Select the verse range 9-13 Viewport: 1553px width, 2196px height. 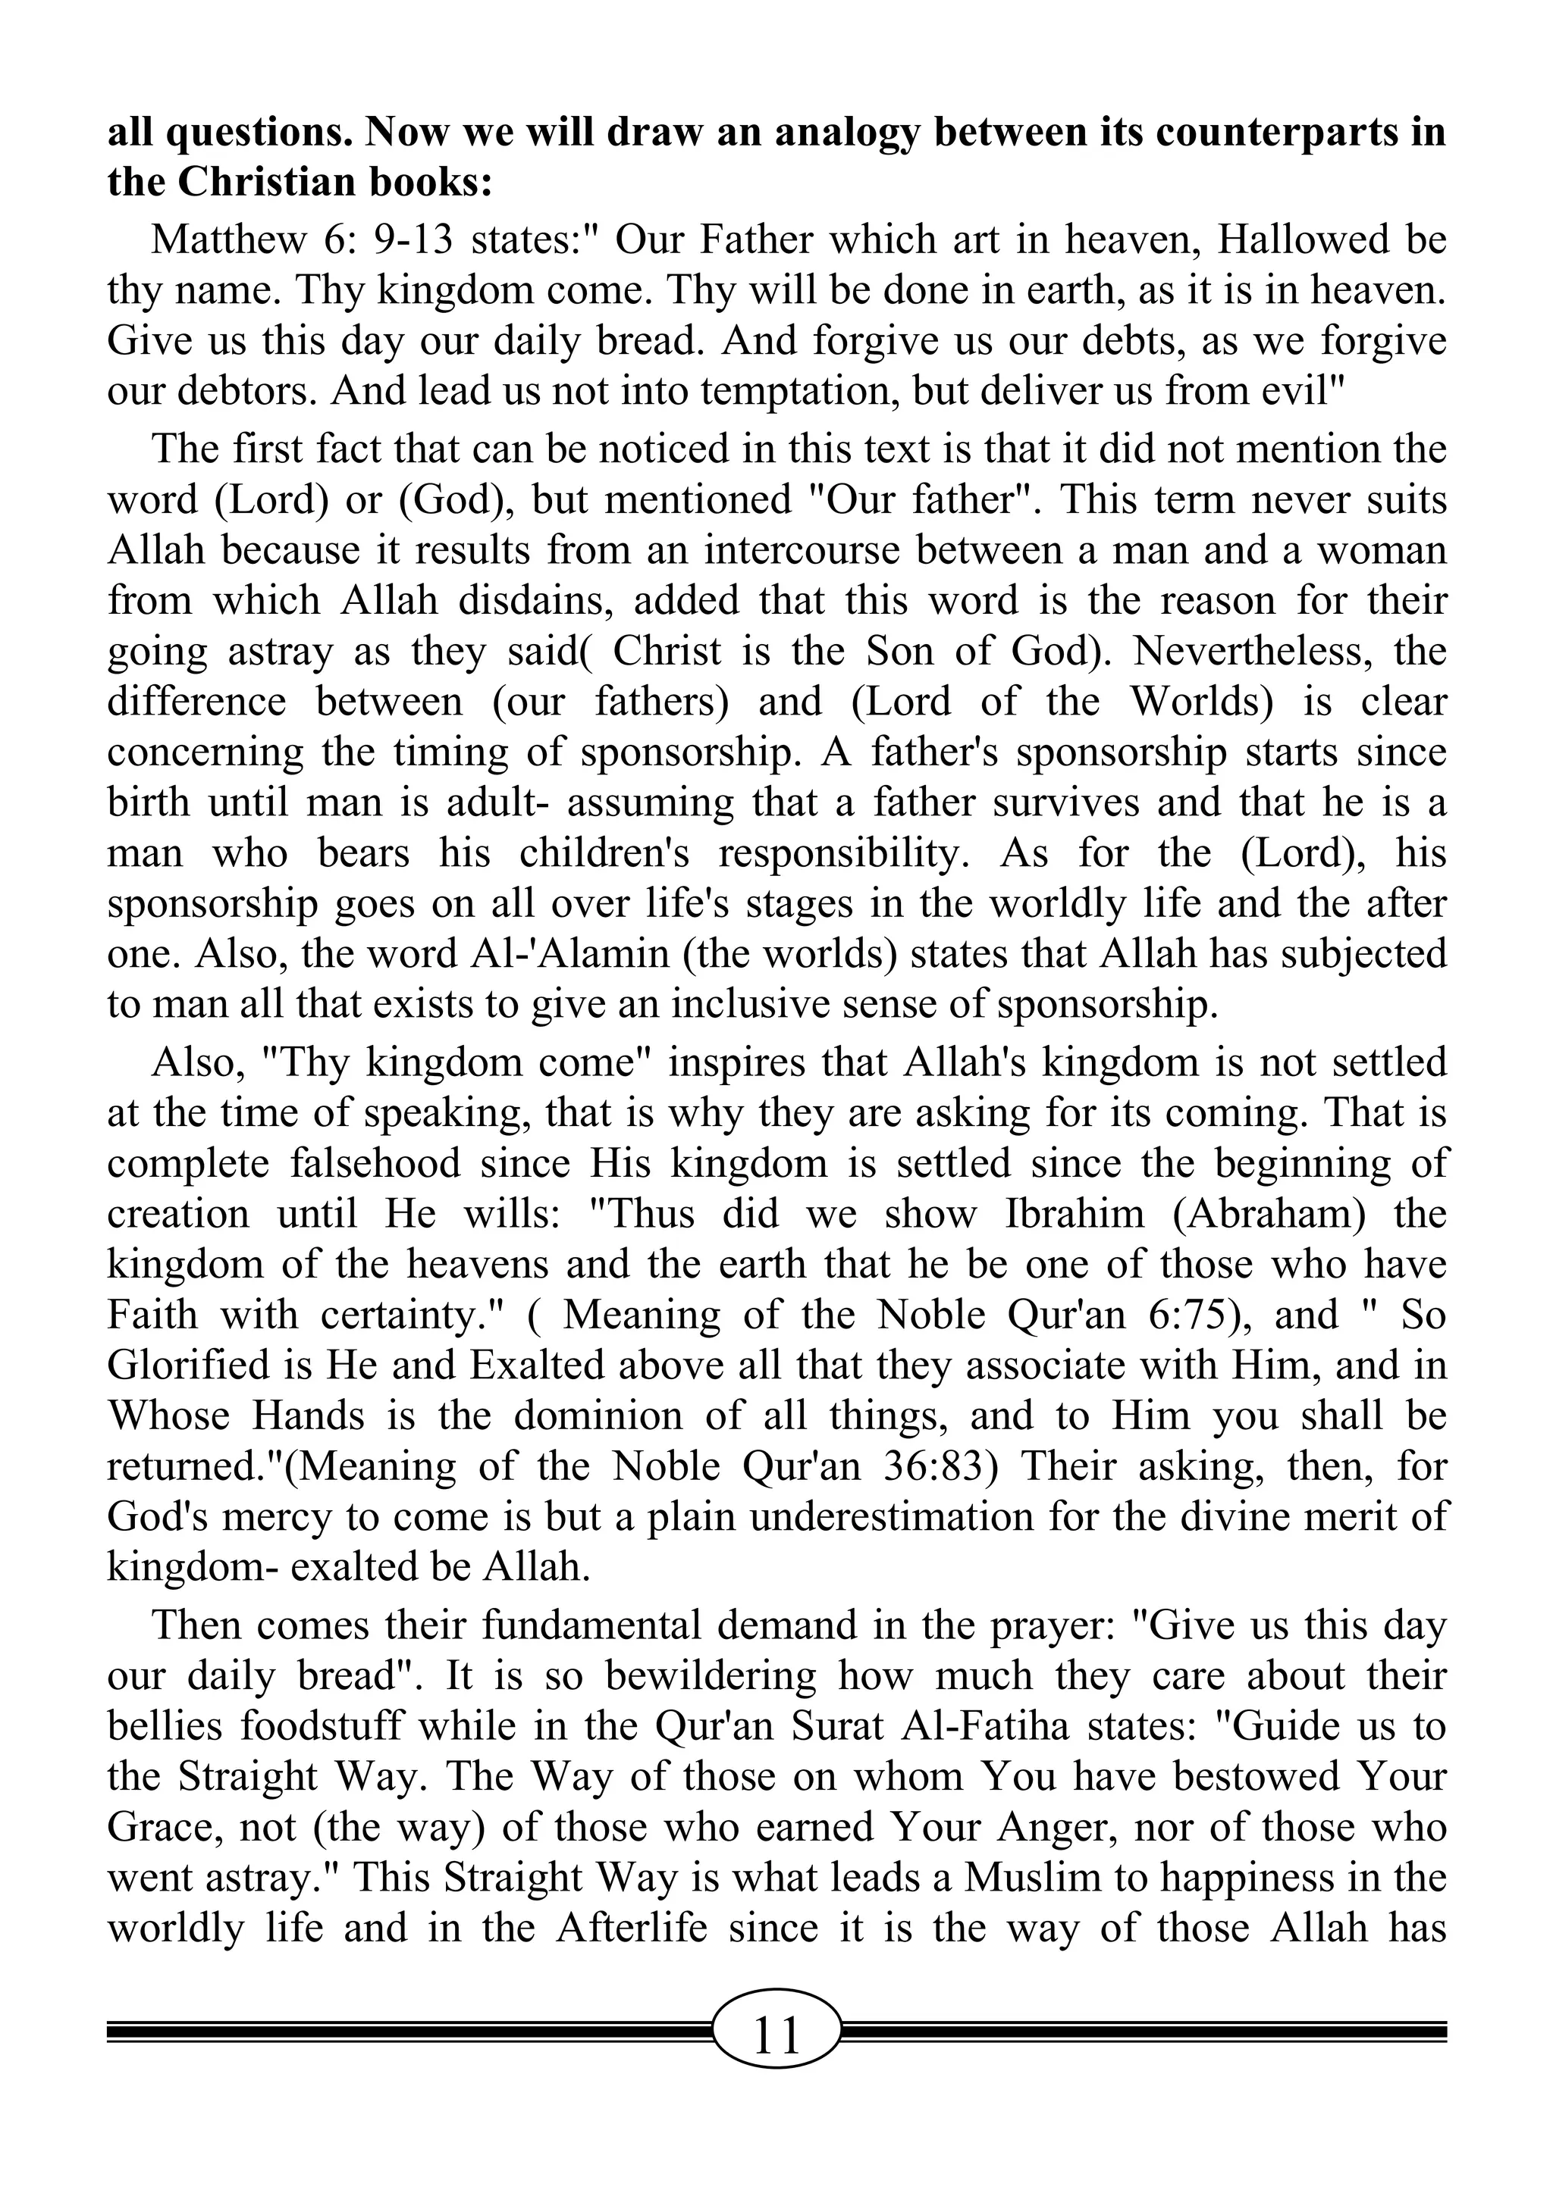point(412,240)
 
